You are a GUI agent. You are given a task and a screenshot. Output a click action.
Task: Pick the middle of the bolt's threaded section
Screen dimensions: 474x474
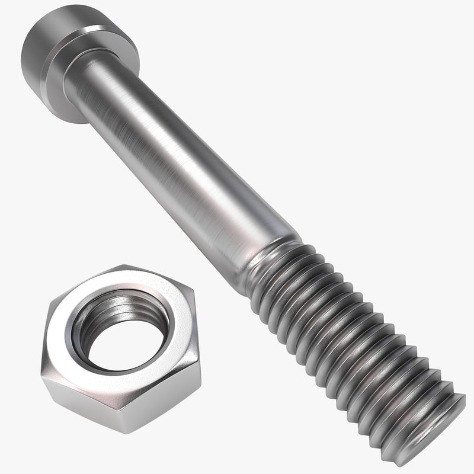[x=355, y=344]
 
